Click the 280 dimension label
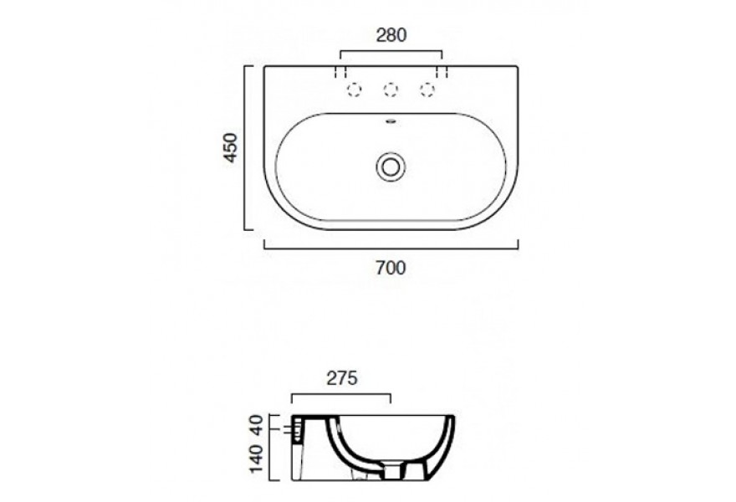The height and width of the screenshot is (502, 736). click(391, 35)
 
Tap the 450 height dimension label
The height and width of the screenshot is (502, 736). click(231, 147)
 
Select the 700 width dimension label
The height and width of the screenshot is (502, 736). click(391, 268)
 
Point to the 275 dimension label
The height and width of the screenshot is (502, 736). click(342, 378)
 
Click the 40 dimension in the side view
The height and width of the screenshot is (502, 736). click(258, 426)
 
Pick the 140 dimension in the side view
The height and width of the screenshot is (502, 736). click(258, 458)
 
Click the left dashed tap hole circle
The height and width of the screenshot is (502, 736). click(354, 90)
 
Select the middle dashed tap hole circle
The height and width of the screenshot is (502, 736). click(391, 90)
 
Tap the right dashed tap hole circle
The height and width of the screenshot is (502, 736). click(427, 90)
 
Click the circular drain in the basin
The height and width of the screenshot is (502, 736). click(390, 166)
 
